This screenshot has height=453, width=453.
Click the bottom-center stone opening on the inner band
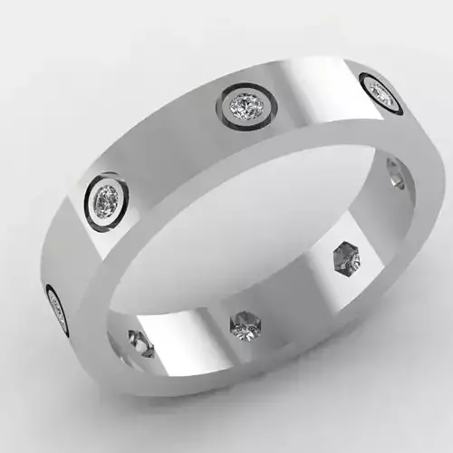click(x=245, y=322)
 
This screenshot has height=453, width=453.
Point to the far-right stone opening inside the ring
click(x=395, y=173)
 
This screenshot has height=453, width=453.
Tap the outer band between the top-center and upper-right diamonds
click(x=313, y=91)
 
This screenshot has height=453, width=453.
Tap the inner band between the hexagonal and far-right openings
click(x=376, y=217)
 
